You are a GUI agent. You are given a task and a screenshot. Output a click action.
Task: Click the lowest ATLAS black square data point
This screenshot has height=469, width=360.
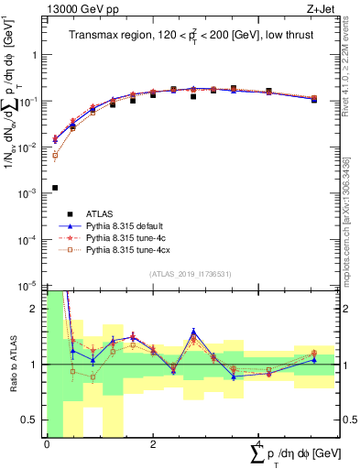tap(55, 188)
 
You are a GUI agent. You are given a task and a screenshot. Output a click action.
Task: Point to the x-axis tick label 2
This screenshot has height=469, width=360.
tap(153, 444)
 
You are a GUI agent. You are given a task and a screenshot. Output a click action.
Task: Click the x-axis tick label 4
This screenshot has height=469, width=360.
tap(259, 444)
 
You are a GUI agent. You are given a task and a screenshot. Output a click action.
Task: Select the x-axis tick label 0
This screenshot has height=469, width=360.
tap(47, 444)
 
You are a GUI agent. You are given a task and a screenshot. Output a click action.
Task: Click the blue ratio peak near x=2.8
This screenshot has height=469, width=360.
tap(193, 332)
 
